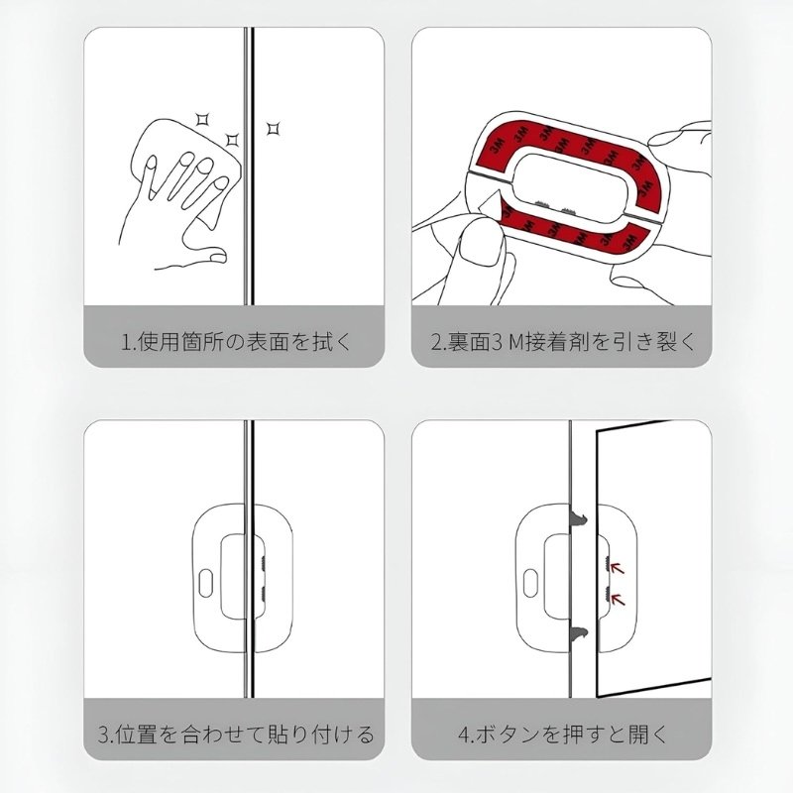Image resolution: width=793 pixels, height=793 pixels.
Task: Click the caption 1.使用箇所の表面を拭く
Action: point(235,343)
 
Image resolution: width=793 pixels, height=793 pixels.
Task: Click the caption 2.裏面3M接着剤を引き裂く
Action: point(562,343)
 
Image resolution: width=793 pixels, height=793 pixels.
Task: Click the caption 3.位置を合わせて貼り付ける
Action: point(235,735)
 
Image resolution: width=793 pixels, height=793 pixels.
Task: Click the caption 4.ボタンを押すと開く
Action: point(562,735)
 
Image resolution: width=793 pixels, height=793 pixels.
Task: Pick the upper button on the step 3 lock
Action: point(265,562)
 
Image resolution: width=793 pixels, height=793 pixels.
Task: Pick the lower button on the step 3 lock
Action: point(265,594)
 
